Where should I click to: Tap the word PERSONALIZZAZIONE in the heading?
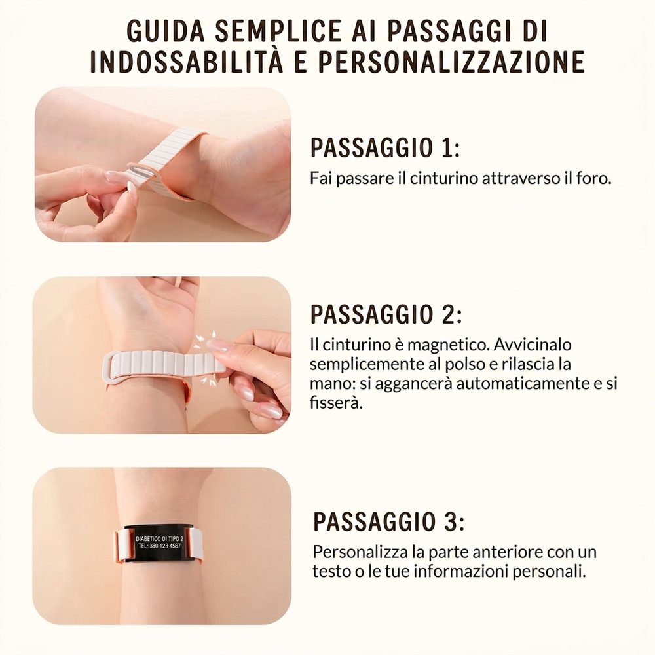(x=451, y=62)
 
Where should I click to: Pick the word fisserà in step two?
(x=335, y=402)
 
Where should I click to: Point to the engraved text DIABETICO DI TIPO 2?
(x=160, y=539)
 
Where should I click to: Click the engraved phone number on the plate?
(x=160, y=546)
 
